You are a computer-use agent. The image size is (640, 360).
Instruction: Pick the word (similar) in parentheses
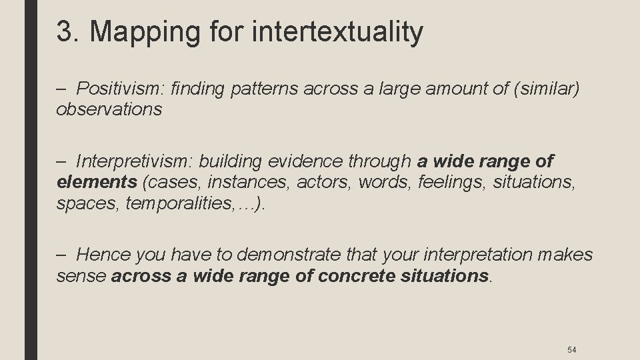pyautogui.click(x=541, y=88)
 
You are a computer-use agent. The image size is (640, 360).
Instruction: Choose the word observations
pyautogui.click(x=109, y=109)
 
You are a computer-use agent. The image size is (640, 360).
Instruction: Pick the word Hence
pyautogui.click(x=103, y=255)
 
